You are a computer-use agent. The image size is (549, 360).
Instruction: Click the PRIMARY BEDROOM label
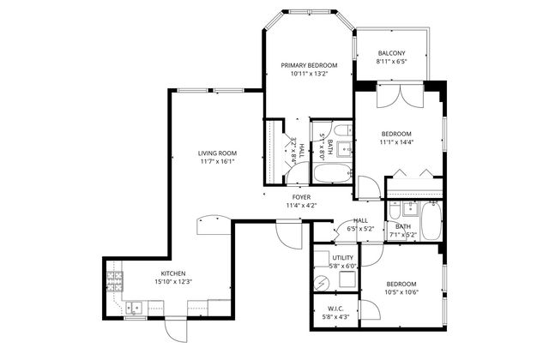(x=309, y=65)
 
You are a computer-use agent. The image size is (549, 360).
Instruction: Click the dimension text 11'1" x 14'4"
(x=396, y=143)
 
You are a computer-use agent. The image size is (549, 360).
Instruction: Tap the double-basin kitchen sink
(x=133, y=307)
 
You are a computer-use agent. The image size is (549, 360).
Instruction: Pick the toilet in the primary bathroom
(x=342, y=132)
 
